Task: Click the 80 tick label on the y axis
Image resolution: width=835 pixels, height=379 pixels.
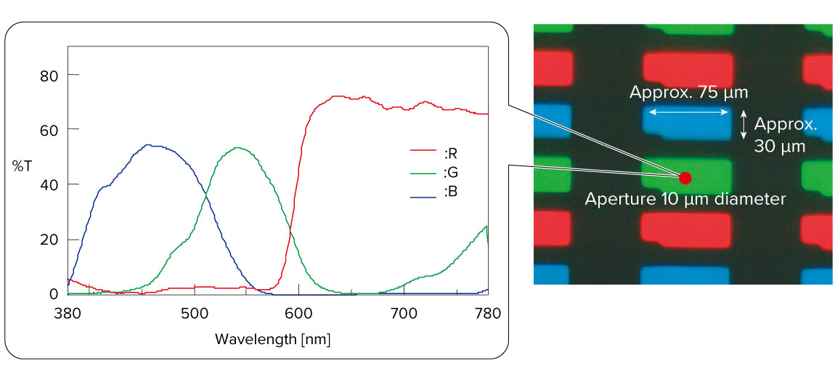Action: click(x=49, y=75)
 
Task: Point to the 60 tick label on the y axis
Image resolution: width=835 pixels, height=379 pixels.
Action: click(x=49, y=129)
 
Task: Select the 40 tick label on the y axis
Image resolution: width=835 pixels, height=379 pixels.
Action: click(x=49, y=184)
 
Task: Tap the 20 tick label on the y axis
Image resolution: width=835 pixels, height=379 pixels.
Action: click(x=49, y=240)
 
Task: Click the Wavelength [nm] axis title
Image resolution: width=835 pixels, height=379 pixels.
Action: click(x=277, y=339)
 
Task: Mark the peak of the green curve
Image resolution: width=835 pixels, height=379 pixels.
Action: click(x=238, y=147)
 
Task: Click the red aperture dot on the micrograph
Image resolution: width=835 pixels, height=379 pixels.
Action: click(x=685, y=178)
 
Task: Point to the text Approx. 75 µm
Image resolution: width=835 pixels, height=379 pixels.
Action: click(x=688, y=93)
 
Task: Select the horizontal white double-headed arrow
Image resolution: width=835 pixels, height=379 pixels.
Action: click(x=688, y=112)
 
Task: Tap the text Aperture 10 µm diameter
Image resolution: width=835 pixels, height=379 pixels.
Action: click(x=685, y=198)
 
